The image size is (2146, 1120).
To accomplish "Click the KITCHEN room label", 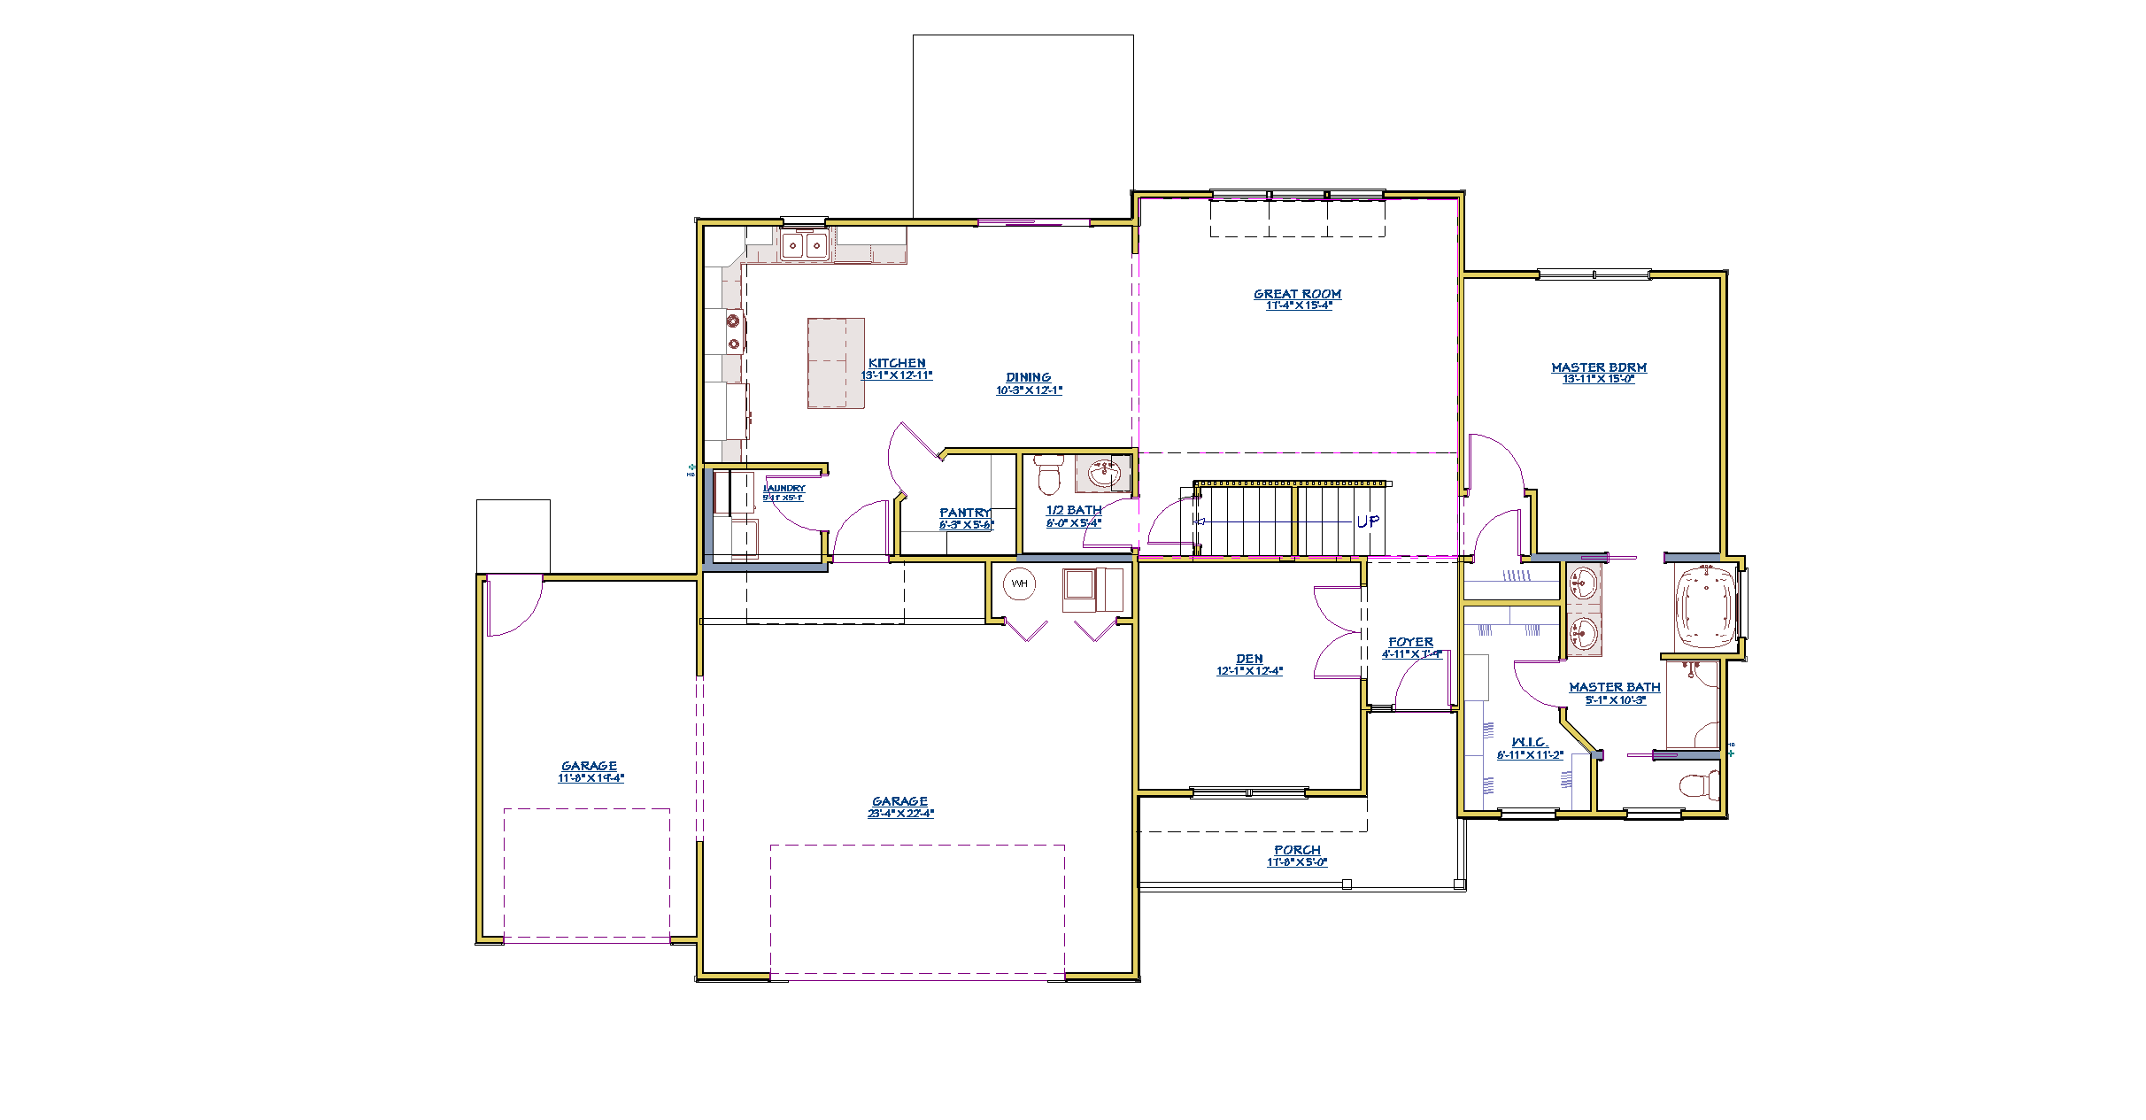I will tap(897, 364).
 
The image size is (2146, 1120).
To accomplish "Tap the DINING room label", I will tap(1028, 378).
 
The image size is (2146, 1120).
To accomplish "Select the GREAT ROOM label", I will tap(1297, 295).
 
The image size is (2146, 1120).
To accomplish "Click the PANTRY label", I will tap(965, 514).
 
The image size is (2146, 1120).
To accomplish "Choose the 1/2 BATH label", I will tap(1074, 511).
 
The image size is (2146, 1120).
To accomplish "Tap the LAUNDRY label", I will tap(784, 489).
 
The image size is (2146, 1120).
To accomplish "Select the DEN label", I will tap(1249, 660).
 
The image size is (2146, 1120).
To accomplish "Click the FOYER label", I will tap(1410, 643).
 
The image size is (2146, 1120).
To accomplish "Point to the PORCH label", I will tap(1297, 851).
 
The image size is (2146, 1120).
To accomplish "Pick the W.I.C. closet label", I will tap(1529, 743).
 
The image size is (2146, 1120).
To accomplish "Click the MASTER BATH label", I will tap(1614, 688).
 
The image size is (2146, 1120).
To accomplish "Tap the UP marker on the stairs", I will tap(1367, 522).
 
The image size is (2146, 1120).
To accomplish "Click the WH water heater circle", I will tap(1019, 584).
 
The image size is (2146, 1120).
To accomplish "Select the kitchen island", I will tap(835, 363).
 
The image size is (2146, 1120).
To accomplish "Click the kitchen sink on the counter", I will tap(804, 245).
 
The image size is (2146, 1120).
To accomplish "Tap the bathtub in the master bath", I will tap(1705, 608).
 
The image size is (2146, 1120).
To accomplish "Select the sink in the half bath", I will tap(1102, 474).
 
